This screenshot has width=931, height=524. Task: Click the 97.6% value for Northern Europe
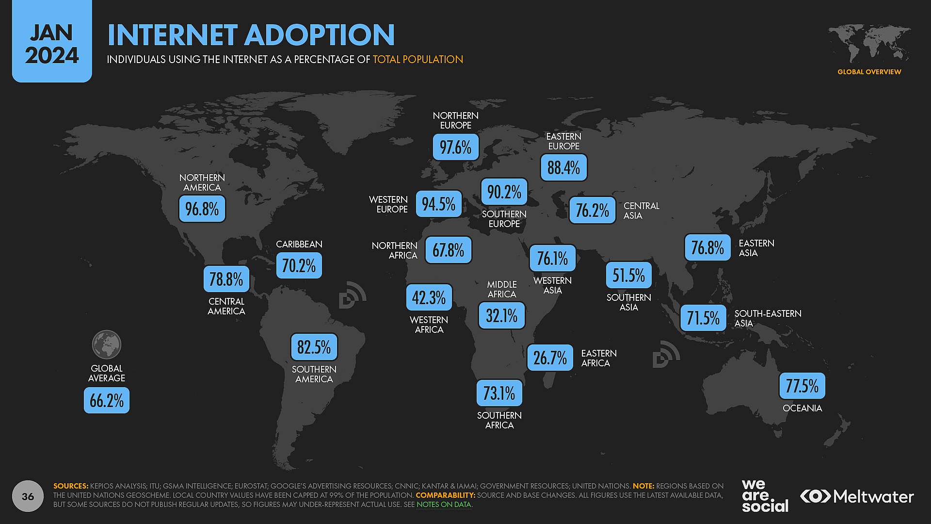[x=455, y=147]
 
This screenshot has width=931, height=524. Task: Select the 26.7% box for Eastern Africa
[x=550, y=358]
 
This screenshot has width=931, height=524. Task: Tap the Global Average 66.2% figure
[x=107, y=400]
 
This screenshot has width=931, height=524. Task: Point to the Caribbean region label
[x=299, y=244]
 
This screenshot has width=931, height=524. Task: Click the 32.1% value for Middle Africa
[x=501, y=316]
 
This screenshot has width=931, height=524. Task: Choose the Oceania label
[x=802, y=408]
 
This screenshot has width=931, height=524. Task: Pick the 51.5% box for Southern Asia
[x=628, y=276]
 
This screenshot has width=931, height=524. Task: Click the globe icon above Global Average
[x=107, y=344]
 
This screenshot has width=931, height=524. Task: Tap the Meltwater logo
[x=857, y=496]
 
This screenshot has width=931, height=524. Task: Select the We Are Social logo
[x=765, y=496]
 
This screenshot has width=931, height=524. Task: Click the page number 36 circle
[x=28, y=496]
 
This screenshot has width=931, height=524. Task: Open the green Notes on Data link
[x=444, y=505]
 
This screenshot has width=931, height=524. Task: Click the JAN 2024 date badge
[x=52, y=43]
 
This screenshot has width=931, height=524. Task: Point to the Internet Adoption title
[x=251, y=35]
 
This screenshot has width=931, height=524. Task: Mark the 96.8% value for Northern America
[x=202, y=209]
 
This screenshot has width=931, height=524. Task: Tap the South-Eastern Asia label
[x=767, y=318]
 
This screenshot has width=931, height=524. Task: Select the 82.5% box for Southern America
[x=314, y=347]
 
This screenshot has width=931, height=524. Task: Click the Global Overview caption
[x=869, y=72]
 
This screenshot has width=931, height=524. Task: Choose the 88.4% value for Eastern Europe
[x=563, y=168]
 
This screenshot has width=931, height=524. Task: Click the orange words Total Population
[x=417, y=59]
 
